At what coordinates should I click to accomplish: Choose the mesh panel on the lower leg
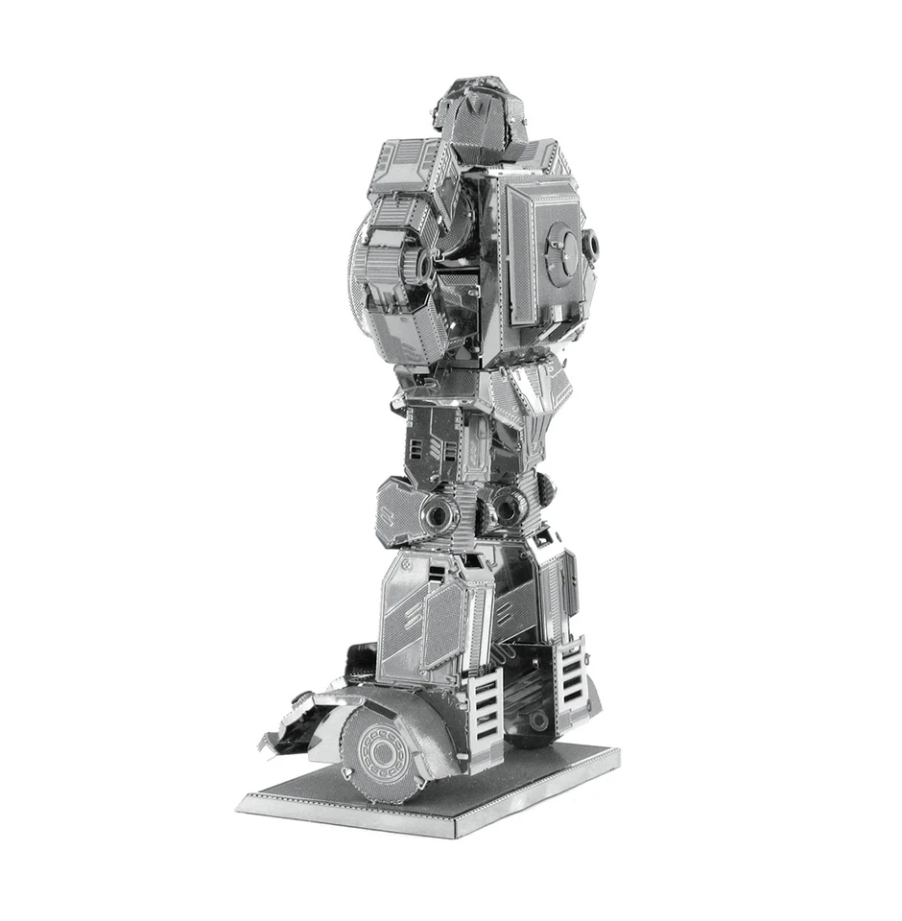coord(443,624)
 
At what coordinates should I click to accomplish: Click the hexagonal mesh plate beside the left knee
coord(397,508)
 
